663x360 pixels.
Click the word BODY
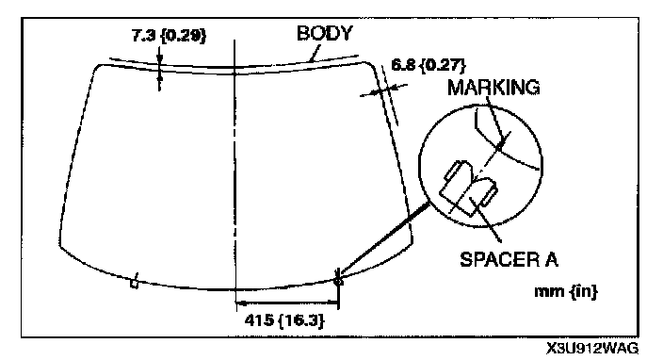[324, 33]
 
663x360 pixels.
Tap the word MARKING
[493, 88]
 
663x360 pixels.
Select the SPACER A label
[509, 259]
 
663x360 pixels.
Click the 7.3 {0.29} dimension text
[169, 36]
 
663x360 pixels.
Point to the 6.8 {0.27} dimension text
[428, 65]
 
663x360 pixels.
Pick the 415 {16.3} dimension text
[284, 320]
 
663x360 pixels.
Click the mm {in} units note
[566, 291]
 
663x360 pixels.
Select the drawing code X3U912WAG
[592, 349]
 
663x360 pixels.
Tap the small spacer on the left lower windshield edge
[135, 282]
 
